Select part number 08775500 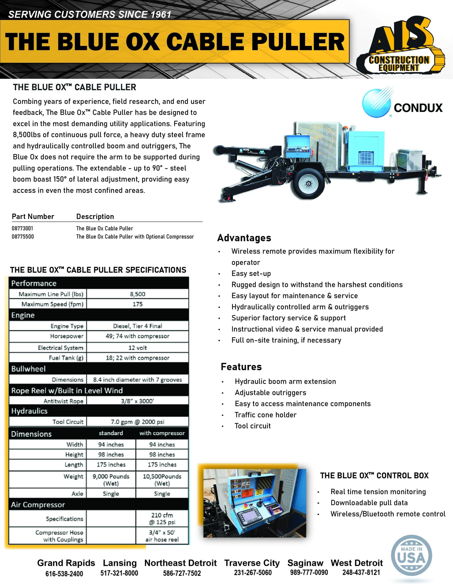pyautogui.click(x=23, y=237)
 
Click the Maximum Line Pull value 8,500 pyautogui.click(x=137, y=294)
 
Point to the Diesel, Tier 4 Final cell pyautogui.click(x=137, y=326)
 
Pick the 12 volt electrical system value pyautogui.click(x=137, y=348)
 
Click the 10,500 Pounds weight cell pyautogui.click(x=162, y=480)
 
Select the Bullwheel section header pyautogui.click(x=28, y=369)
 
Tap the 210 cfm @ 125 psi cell pyautogui.click(x=162, y=519)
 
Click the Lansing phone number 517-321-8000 pyautogui.click(x=119, y=573)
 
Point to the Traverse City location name pyautogui.click(x=252, y=563)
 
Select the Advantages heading pyautogui.click(x=244, y=238)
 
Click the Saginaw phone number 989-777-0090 pyautogui.click(x=309, y=573)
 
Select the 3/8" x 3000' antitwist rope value pyautogui.click(x=137, y=401)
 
